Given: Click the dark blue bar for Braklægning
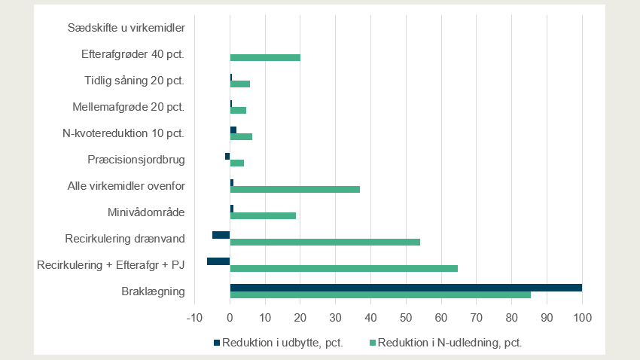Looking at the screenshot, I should tap(406, 287).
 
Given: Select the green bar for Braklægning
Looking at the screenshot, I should tap(380, 294).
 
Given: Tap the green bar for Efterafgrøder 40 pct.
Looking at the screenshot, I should tap(265, 57).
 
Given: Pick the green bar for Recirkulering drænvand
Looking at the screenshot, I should tap(325, 242).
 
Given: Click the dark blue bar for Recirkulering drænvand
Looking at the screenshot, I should tap(221, 235).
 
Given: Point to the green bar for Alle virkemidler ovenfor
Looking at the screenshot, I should tap(294, 189).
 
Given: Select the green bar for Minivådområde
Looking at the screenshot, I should tap(263, 215).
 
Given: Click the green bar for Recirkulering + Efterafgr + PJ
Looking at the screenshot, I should tap(343, 268).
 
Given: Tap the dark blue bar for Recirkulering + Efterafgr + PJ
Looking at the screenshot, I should tap(218, 261).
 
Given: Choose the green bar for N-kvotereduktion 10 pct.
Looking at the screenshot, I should tap(241, 136).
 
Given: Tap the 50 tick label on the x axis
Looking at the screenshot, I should tap(406, 317).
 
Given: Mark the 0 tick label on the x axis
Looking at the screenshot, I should tap(230, 317).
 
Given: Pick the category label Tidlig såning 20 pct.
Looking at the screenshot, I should tap(134, 81).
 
